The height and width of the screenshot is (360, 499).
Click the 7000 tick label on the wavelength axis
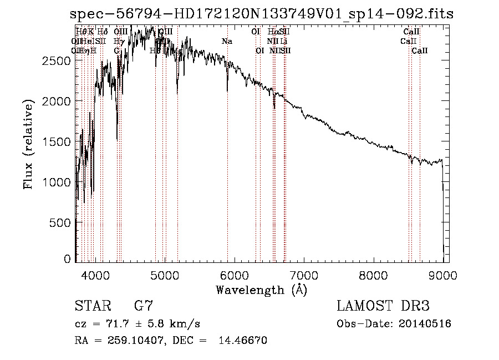click(x=303, y=274)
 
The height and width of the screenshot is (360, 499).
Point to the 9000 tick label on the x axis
click(x=442, y=274)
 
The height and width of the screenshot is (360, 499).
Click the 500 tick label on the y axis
click(x=60, y=222)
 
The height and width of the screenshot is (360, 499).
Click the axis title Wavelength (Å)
click(x=261, y=290)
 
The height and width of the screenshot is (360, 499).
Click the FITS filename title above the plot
click(x=262, y=14)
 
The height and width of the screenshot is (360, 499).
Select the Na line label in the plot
click(x=227, y=42)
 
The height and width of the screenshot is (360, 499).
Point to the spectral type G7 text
click(x=144, y=306)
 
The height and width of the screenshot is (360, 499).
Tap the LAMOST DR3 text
click(x=383, y=306)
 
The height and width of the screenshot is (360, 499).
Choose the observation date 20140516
click(x=427, y=324)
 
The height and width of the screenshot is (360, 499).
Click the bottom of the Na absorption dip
click(x=227, y=90)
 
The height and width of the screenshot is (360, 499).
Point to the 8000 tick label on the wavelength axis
click(x=373, y=274)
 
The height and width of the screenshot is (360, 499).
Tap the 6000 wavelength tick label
click(x=234, y=274)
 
